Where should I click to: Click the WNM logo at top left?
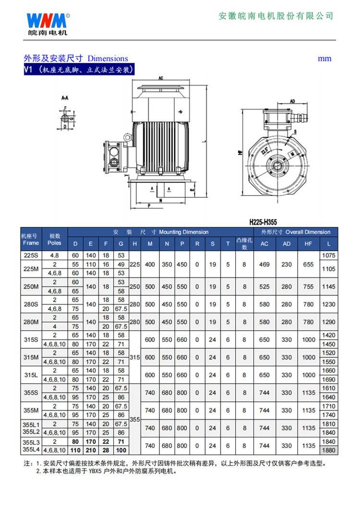47,22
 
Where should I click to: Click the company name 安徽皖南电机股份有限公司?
276,16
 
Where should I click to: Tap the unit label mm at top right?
324,59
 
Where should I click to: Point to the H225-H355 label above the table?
270,222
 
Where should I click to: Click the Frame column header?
31,243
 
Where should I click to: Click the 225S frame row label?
31,255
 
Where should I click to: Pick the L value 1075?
329,255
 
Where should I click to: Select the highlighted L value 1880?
329,450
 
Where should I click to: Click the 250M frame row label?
31,287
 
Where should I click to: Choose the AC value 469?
264,265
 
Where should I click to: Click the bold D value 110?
75,450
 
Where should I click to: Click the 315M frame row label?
31,357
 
